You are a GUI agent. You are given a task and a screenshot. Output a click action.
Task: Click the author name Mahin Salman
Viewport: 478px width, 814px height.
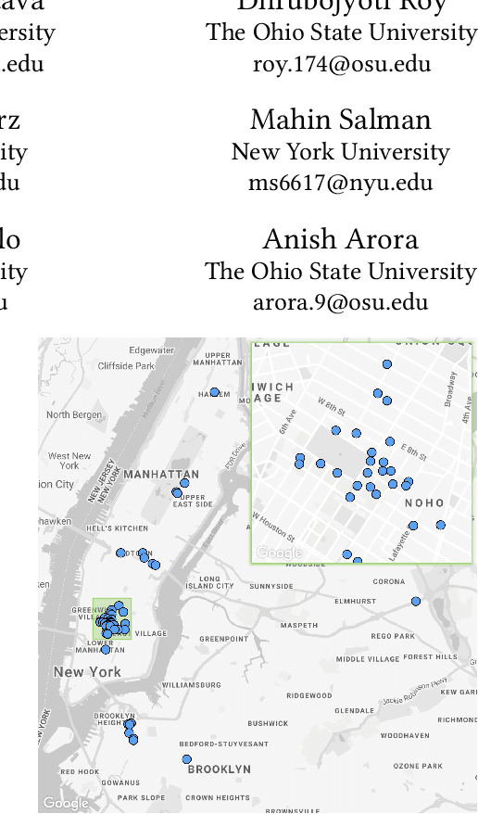coord(340,120)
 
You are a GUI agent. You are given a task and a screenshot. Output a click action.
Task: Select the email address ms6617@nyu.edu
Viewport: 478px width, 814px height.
coord(340,183)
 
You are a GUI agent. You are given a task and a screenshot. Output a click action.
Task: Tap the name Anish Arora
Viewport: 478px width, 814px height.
coord(340,239)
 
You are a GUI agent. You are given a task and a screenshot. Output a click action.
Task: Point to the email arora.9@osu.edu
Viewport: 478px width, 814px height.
coord(340,302)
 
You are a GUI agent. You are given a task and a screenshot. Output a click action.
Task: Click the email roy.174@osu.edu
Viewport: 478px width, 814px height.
coord(340,64)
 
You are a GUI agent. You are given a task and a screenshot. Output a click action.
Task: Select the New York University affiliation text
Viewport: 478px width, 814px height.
coord(340,151)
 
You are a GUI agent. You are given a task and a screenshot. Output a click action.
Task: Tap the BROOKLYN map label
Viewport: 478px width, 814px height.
coord(219,769)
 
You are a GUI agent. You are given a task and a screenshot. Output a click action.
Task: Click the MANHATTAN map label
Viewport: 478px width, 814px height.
coord(161,475)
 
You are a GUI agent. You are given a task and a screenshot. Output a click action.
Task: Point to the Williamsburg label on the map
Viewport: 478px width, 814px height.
coord(191,685)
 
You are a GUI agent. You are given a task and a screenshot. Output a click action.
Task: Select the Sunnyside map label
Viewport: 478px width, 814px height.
coord(270,587)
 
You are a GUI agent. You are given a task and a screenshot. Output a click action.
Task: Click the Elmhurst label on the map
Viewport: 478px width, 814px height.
coord(355,602)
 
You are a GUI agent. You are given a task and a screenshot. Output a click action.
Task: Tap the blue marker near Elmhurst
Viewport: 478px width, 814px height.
coord(416,602)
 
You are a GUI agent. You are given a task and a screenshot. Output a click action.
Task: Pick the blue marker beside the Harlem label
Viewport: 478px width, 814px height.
coord(214,392)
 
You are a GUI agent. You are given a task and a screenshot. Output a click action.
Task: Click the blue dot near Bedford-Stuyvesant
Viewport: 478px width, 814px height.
coord(186,759)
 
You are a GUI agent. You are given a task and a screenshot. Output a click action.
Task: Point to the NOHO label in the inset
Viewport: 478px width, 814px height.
coord(424,503)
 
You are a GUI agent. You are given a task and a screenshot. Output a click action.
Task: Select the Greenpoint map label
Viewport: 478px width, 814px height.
coord(224,639)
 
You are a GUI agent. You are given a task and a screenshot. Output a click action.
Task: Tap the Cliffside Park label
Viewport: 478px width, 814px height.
coord(127,366)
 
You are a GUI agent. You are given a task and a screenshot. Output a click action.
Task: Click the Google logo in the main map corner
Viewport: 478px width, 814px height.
coord(65,803)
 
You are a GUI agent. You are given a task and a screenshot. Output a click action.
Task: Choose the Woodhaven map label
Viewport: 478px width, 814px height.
coord(404,736)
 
